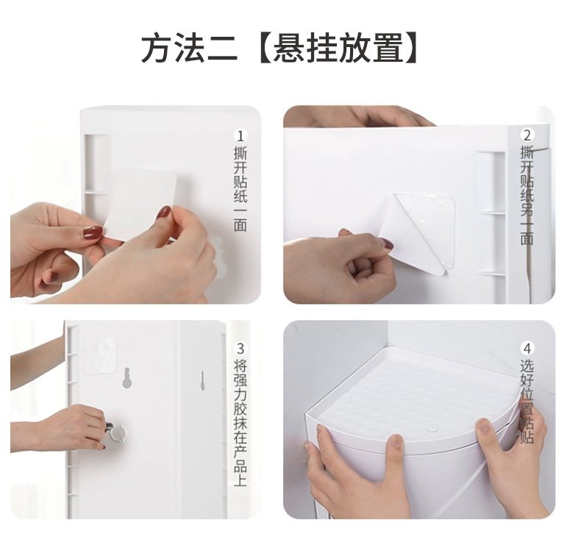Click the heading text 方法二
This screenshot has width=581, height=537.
189,48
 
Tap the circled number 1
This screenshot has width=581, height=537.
240,136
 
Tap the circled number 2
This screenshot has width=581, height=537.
527,135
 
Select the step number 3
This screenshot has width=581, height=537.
240,349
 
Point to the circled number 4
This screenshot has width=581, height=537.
527,349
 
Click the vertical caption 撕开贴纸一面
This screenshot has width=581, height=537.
240,189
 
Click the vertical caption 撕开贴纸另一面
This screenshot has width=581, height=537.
527,196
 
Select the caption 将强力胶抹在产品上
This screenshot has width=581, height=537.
240,422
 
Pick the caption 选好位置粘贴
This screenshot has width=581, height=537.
527,402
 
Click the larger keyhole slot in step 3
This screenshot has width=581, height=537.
127,378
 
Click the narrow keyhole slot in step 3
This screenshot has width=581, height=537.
202,380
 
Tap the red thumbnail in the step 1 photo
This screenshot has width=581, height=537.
92,232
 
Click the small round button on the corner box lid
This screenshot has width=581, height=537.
432,428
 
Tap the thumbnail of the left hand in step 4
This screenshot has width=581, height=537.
396,441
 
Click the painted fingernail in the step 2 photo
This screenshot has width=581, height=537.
388,243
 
